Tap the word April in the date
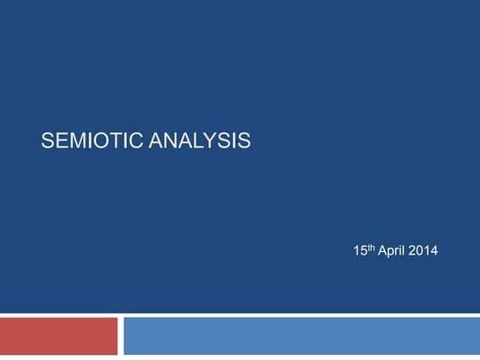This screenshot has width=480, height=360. [394, 251]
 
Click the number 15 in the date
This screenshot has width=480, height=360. [360, 251]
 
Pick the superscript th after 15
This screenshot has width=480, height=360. [371, 248]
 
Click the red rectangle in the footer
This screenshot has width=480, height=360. [58, 336]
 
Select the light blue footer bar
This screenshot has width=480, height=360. [300, 336]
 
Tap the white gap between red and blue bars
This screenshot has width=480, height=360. [120, 336]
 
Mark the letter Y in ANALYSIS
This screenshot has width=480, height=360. [216, 141]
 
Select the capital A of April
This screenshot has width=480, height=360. [382, 251]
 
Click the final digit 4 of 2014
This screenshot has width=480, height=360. [435, 251]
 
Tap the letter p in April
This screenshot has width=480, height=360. [391, 252]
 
